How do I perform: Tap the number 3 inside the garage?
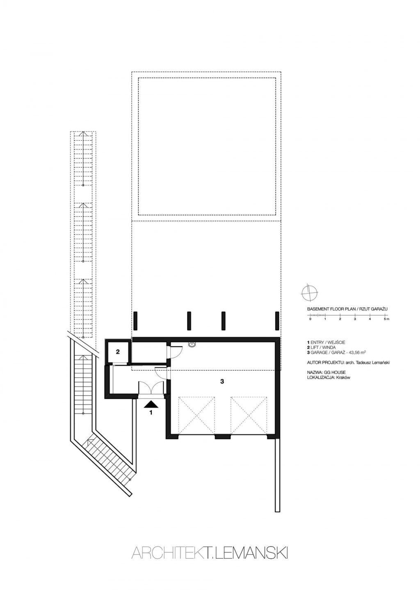[222, 381]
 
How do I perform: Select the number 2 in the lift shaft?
[118, 352]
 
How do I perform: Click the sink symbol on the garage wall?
[192, 344]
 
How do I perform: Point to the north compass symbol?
[309, 293]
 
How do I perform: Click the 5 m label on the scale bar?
[386, 319]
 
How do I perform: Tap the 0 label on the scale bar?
[310, 319]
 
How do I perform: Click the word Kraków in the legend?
[344, 378]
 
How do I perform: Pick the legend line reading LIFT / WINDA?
[321, 347]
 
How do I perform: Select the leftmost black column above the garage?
[135, 321]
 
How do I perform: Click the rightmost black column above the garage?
[277, 321]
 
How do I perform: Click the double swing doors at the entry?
[152, 389]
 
